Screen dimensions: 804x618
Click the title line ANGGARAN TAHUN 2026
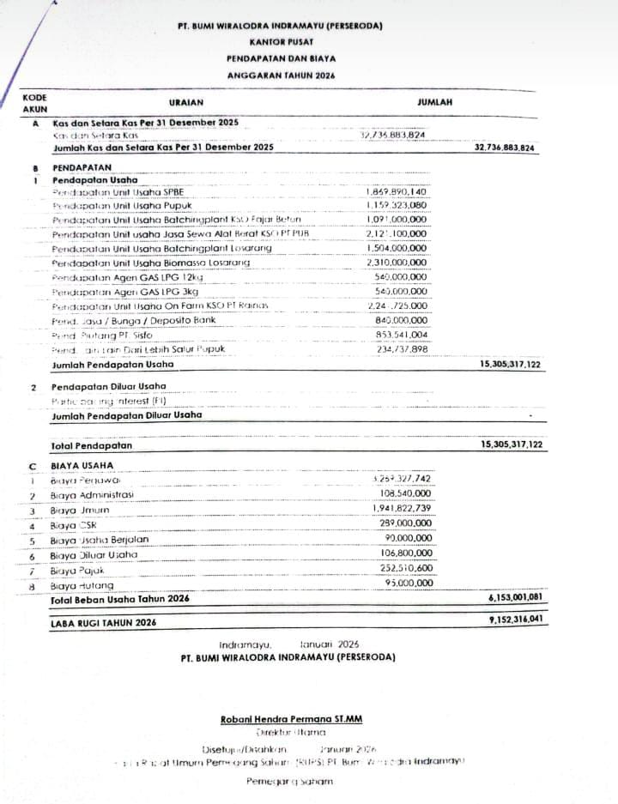[x=282, y=75]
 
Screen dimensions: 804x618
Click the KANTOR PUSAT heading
[x=282, y=41]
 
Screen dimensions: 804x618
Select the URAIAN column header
[x=186, y=102]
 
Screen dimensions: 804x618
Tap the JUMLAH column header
[x=435, y=102]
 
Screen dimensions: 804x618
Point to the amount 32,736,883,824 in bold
[x=505, y=148]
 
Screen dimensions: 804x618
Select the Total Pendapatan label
[x=92, y=445]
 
